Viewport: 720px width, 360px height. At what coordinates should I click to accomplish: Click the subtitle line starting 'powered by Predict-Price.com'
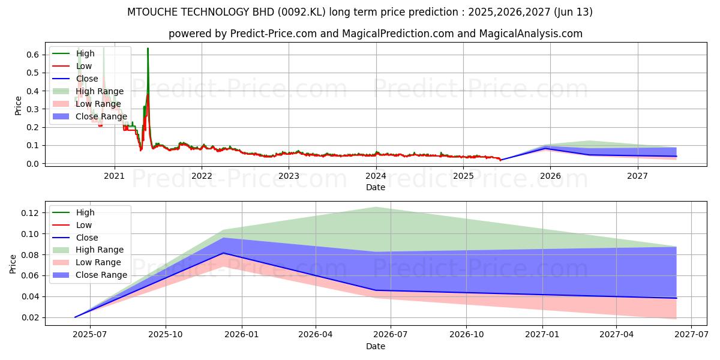375,34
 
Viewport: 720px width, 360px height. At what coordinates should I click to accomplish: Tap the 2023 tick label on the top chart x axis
289,176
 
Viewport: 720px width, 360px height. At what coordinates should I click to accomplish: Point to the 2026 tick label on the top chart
550,176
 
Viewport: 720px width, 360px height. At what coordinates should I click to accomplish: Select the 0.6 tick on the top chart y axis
34,55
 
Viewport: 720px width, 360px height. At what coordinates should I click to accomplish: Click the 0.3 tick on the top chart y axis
34,109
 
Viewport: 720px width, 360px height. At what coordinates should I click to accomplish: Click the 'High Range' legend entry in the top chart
100,91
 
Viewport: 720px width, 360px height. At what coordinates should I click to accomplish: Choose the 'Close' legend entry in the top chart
88,79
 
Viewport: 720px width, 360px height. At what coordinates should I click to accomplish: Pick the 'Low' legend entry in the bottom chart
84,225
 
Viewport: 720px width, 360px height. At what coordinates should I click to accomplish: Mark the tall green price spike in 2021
148,49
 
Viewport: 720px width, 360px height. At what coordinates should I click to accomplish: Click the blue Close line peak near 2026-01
223,253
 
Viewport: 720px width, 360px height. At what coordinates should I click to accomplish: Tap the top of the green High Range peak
376,207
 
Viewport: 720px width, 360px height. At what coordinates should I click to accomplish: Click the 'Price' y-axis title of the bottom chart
14,263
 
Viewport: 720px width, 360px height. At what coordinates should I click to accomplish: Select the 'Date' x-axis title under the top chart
375,187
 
